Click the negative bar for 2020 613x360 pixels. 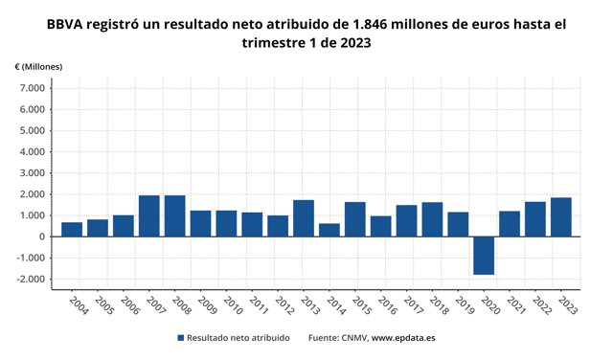(484, 256)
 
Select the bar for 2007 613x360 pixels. (149, 216)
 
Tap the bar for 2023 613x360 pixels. (560, 217)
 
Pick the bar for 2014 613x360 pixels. (329, 230)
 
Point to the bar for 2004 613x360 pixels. (72, 230)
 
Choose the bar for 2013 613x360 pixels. (304, 218)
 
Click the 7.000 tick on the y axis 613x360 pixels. (32, 88)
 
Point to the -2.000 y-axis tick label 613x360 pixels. (30, 279)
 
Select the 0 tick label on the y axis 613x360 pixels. (42, 236)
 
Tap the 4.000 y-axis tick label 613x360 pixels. (32, 152)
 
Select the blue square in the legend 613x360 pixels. (180, 338)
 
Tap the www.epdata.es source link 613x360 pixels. (403, 338)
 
